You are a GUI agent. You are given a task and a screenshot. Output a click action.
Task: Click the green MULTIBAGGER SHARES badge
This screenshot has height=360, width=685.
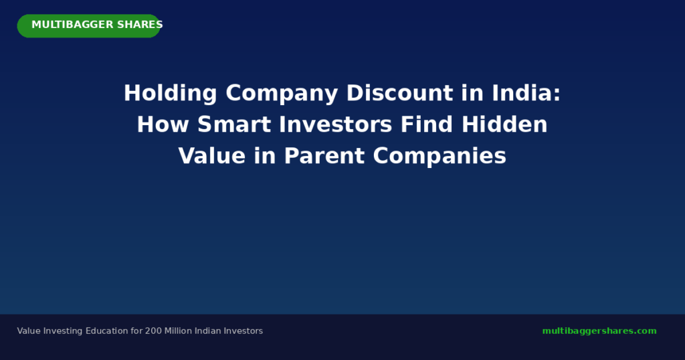click(89, 26)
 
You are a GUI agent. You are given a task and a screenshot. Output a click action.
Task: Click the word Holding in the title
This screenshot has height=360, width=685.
click(171, 94)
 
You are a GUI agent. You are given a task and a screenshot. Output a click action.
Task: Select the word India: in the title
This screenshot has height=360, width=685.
click(526, 93)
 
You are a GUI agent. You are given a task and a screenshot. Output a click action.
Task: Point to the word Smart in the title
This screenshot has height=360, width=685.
click(233, 124)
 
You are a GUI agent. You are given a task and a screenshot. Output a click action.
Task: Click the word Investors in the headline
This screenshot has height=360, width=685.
click(336, 124)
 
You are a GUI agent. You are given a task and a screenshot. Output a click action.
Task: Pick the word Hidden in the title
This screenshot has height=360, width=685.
click(504, 124)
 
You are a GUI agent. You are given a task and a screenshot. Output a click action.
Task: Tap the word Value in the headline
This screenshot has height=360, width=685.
click(212, 156)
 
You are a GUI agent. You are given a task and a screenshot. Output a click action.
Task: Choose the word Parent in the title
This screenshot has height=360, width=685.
click(324, 156)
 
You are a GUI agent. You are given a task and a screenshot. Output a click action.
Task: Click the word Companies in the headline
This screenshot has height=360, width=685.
click(439, 156)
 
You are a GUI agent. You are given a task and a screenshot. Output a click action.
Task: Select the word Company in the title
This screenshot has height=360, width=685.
click(282, 94)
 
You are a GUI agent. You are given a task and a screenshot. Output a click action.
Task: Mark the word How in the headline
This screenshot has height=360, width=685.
click(163, 124)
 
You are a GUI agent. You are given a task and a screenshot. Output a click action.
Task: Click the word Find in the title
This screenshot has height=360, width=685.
click(427, 124)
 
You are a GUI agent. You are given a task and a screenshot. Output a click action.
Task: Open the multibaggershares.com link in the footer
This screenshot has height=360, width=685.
click(599, 331)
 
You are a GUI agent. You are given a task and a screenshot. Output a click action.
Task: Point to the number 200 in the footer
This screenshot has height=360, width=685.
click(153, 331)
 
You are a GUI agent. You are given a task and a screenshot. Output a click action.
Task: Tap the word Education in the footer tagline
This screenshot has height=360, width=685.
click(107, 331)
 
